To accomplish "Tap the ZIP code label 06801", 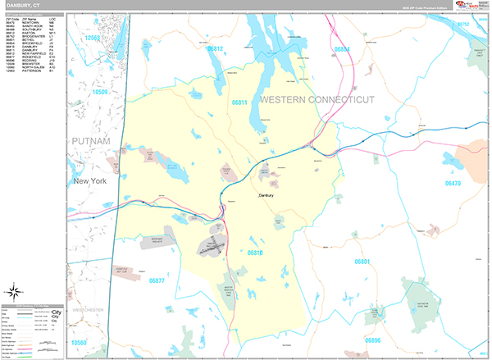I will click(363, 262).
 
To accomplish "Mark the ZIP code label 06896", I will click(373, 339).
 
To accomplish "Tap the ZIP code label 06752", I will click(462, 24).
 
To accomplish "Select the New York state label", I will click(90, 180).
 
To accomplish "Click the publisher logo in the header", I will click(471, 6).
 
